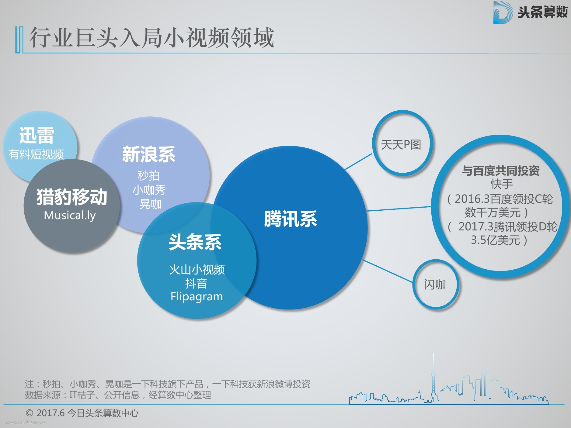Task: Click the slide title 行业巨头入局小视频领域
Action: point(151,38)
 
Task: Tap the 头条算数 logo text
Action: point(543,12)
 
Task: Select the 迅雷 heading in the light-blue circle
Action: point(37,135)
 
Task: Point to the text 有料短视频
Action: point(36,154)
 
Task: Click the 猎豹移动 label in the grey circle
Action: point(72,197)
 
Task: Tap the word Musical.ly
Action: point(70,216)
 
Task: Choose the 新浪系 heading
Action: point(148,154)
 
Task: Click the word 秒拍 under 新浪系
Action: point(148,176)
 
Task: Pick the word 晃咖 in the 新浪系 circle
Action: point(150,204)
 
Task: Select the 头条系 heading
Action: point(195,242)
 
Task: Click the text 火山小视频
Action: point(197,270)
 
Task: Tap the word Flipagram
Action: point(197,297)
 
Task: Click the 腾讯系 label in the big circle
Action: point(291,219)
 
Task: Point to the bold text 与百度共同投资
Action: point(501,171)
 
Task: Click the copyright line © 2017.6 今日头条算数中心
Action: point(82,413)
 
